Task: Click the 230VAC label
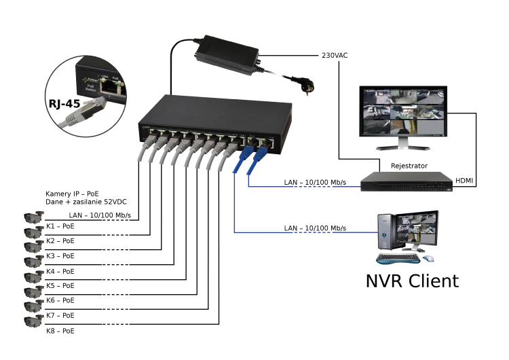(x=335, y=56)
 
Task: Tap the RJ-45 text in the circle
(x=64, y=104)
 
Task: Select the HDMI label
(x=464, y=181)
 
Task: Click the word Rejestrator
(x=409, y=166)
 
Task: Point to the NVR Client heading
(x=412, y=281)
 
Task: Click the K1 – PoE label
(x=60, y=226)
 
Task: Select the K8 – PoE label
(x=60, y=331)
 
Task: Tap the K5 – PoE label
(x=60, y=286)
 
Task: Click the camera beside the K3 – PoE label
(x=34, y=246)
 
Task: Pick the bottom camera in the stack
(x=34, y=321)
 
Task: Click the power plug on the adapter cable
(x=307, y=87)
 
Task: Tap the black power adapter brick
(x=227, y=54)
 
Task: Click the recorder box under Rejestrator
(x=407, y=181)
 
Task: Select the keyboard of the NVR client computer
(x=398, y=258)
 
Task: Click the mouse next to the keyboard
(x=428, y=258)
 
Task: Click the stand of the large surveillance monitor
(x=403, y=143)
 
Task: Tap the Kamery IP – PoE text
(x=72, y=194)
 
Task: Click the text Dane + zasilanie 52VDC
(x=86, y=202)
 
